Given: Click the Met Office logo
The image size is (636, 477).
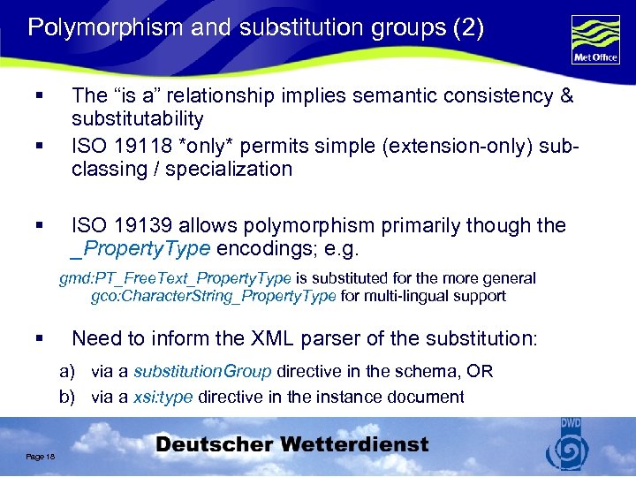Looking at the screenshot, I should coord(595,38).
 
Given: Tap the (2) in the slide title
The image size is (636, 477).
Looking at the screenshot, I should coord(466,27).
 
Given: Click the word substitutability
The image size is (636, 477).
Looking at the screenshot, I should coord(138,118).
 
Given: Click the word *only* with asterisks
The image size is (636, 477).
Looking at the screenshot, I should coord(202,144).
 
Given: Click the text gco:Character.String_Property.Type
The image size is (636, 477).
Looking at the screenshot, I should coord(213,296).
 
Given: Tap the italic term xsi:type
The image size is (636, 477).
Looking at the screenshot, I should coord(163,397).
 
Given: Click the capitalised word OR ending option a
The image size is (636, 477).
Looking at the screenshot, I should coord(481,372).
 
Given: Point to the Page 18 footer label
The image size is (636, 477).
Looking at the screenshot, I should coord(41,456).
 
